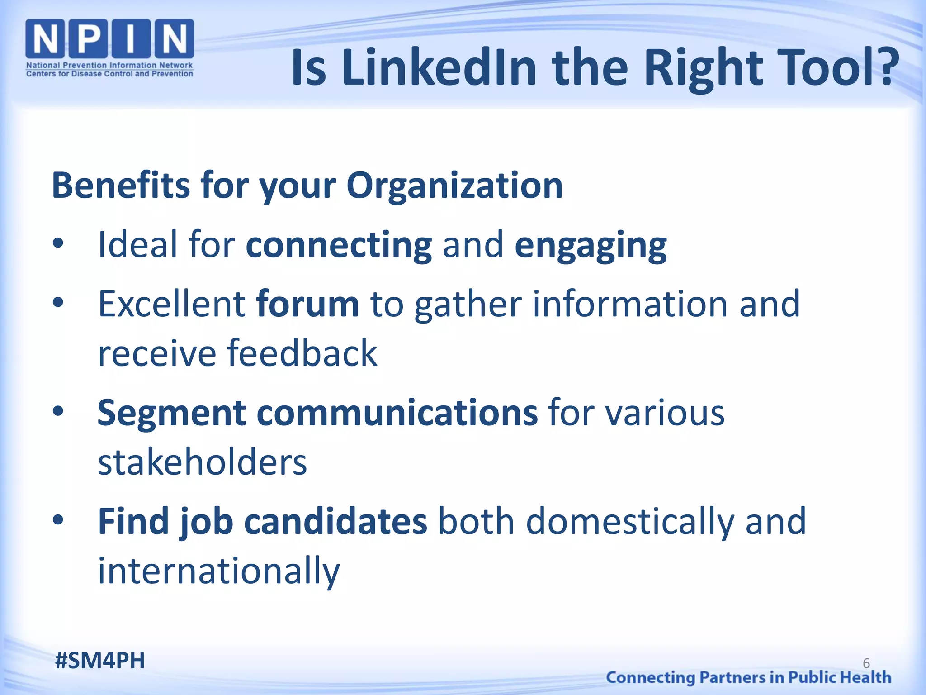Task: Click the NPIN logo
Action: click(110, 48)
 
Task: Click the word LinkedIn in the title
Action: click(439, 68)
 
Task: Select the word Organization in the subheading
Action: click(454, 186)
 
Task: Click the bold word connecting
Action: click(339, 245)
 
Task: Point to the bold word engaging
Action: click(591, 245)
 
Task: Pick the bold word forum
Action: click(307, 304)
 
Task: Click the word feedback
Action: click(302, 353)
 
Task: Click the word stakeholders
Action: click(203, 462)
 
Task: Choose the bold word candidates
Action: click(335, 522)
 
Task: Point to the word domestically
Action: click(630, 522)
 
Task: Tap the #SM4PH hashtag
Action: click(100, 661)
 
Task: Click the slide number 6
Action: click(866, 663)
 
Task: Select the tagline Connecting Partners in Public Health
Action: click(748, 677)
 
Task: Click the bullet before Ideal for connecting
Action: click(58, 244)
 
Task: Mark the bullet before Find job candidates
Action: click(58, 521)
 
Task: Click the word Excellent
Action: click(172, 304)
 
